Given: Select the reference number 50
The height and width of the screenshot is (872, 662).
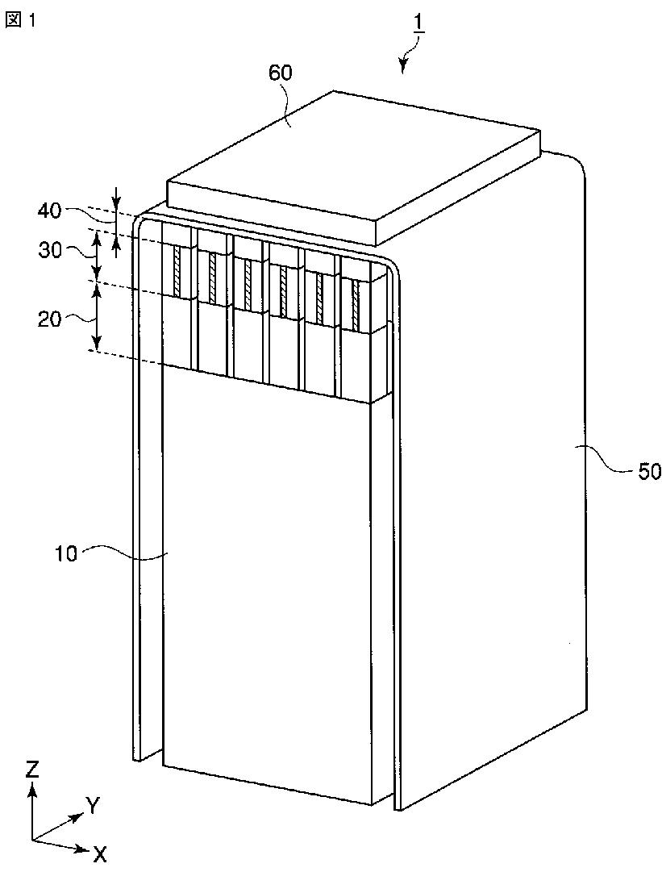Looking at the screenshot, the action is (x=650, y=471).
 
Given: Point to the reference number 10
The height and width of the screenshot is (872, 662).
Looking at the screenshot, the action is (x=67, y=555).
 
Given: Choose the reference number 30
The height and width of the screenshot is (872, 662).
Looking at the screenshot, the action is (x=50, y=251).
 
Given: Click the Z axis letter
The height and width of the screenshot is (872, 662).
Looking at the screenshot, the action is (x=31, y=769).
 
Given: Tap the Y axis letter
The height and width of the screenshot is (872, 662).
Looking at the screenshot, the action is (x=94, y=804).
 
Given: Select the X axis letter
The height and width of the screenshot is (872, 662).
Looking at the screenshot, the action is (x=99, y=854).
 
